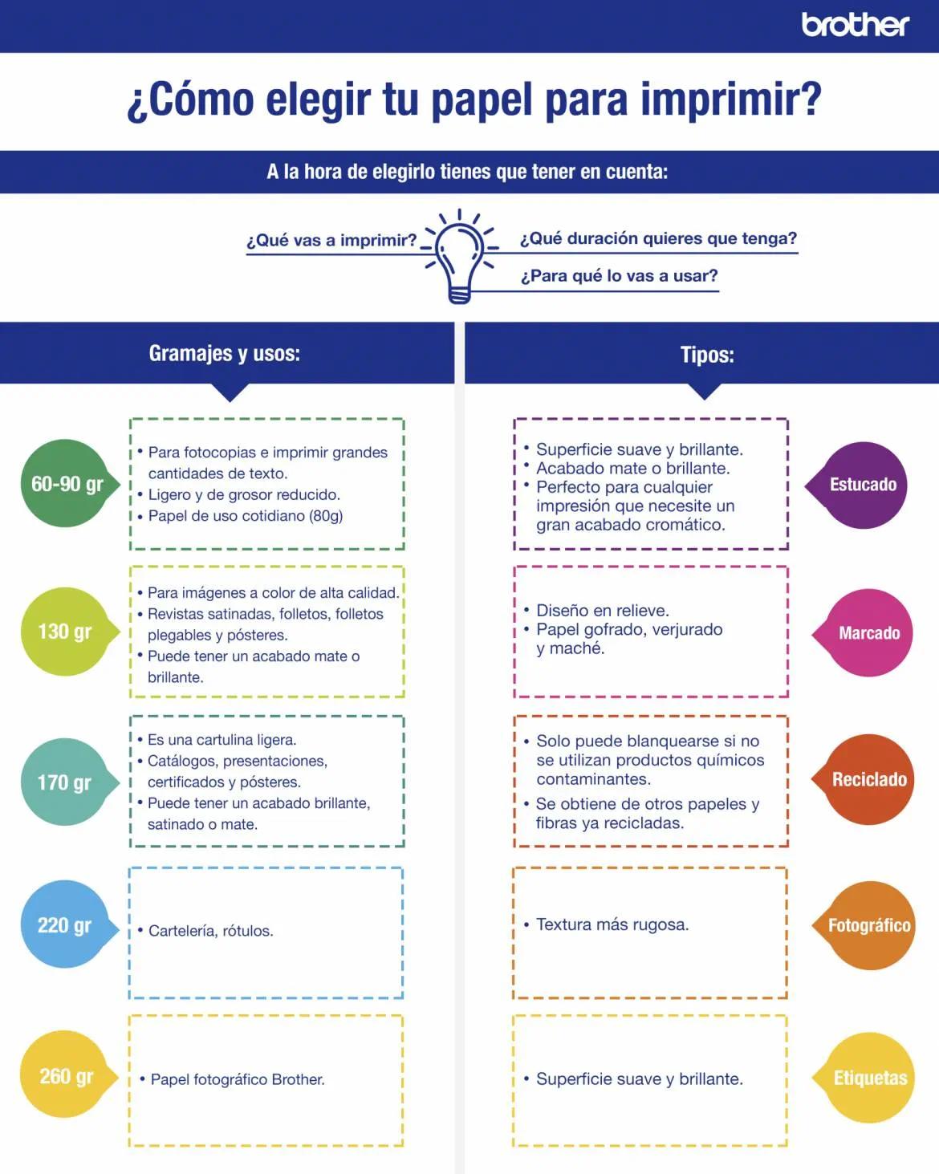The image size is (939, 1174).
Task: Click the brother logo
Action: (x=855, y=25)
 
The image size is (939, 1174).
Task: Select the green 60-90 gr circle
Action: (x=66, y=484)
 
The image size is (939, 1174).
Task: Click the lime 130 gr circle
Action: (x=64, y=632)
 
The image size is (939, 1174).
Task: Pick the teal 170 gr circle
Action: (x=64, y=782)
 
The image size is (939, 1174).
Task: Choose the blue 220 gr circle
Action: (x=64, y=925)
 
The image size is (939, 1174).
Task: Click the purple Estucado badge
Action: (x=863, y=485)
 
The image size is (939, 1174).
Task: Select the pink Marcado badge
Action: (x=868, y=633)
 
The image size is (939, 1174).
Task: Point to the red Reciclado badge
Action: (x=868, y=779)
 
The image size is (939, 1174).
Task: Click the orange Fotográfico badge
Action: (x=868, y=925)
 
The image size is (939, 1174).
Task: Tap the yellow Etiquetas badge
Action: (x=869, y=1078)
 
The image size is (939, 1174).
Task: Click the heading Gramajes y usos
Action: (x=225, y=354)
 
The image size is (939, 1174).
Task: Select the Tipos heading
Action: (x=707, y=355)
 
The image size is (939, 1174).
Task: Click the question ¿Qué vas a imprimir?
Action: (x=331, y=240)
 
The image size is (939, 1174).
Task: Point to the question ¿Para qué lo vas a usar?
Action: (x=619, y=276)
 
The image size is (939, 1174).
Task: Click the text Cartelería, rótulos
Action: (x=210, y=931)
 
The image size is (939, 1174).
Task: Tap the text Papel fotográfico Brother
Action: (x=238, y=1079)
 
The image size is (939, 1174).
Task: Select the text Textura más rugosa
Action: (x=612, y=924)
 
